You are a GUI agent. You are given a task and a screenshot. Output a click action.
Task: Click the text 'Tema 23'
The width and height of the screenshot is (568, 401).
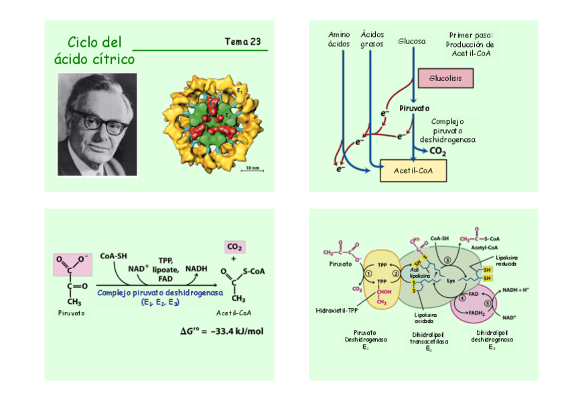[242, 42]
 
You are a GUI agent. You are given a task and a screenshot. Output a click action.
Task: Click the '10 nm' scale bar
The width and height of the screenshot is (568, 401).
[251, 168]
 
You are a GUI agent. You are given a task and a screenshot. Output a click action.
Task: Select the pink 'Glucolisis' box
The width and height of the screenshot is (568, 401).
[445, 78]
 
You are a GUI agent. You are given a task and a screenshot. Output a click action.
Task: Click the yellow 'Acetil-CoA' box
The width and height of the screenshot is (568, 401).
[413, 171]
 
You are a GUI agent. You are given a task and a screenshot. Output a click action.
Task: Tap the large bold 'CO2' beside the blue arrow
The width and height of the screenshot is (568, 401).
[437, 152]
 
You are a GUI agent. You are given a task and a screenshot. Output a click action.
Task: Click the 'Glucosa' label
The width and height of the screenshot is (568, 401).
[411, 42]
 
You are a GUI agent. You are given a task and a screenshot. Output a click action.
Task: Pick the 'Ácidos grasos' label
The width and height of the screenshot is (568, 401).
[372, 39]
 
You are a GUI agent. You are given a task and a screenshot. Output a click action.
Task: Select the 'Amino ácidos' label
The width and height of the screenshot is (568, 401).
[340, 39]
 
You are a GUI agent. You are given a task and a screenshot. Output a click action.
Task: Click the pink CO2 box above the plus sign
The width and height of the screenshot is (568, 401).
[234, 246]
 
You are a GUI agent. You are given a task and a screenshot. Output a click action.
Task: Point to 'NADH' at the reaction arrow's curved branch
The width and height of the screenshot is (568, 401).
[196, 268]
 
